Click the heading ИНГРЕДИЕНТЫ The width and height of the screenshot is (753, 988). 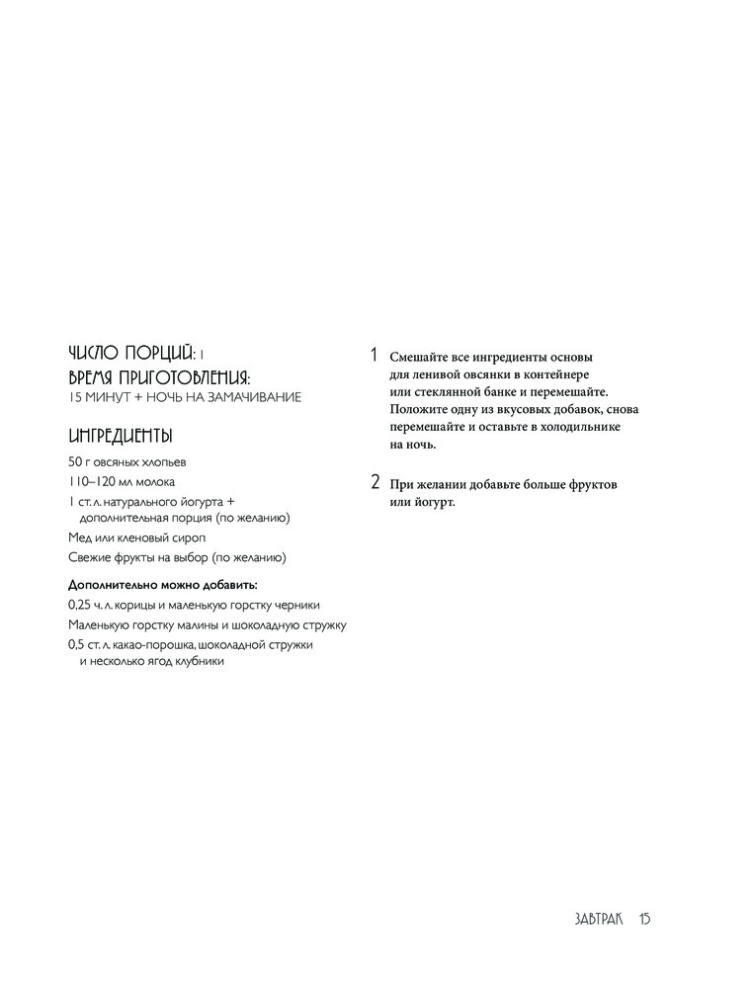tap(121, 436)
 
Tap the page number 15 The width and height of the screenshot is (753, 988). tap(643, 919)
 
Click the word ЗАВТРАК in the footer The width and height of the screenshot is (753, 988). tap(598, 919)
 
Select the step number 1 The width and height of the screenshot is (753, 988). tap(374, 355)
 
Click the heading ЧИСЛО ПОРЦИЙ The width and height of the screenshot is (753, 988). tap(130, 354)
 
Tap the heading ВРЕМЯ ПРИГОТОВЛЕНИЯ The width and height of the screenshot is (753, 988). tap(159, 376)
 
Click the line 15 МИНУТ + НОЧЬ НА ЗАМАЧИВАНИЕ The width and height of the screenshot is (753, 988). tap(185, 397)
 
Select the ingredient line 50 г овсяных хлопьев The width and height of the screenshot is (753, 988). tap(127, 461)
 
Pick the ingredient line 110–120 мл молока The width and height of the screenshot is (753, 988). tap(122, 482)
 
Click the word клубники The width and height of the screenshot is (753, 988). tap(200, 662)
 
